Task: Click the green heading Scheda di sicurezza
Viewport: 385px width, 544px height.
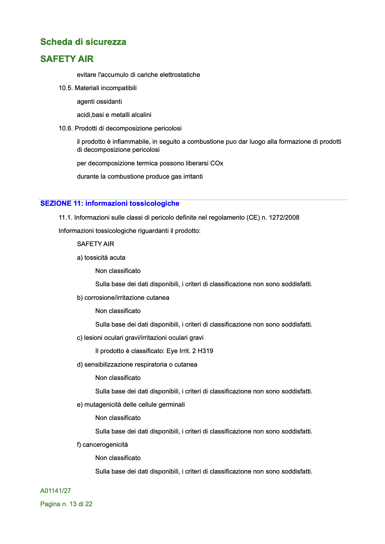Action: [83, 42]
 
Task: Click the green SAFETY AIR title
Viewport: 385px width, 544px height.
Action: [67, 59]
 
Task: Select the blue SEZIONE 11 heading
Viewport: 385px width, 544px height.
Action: [110, 204]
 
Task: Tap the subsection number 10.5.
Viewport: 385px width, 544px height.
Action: [66, 88]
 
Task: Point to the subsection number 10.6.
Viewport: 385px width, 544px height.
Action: [66, 129]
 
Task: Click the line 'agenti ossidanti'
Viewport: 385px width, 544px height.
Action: [99, 102]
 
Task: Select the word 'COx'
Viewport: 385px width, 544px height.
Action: [216, 163]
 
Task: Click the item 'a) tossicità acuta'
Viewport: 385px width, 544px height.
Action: [101, 258]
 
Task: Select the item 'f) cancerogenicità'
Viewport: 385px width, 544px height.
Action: [102, 445]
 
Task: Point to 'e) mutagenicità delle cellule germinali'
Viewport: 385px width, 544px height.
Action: [131, 405]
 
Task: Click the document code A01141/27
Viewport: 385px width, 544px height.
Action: [56, 491]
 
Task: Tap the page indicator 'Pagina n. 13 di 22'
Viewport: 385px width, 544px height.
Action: [66, 504]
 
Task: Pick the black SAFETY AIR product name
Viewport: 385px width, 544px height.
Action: [95, 244]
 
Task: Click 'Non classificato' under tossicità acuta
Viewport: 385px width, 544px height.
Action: [118, 271]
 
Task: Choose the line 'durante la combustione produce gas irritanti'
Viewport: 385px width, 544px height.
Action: [140, 177]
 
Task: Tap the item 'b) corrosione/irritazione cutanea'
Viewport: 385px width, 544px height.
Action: [123, 298]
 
